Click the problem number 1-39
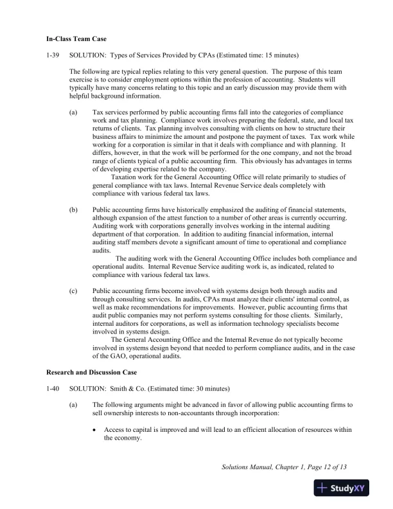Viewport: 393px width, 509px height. pyautogui.click(x=53, y=56)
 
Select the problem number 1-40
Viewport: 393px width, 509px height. pyautogui.click(x=53, y=389)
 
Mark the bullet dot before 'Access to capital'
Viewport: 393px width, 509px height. pyautogui.click(x=96, y=429)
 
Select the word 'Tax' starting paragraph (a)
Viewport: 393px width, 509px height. pyautogui.click(x=98, y=112)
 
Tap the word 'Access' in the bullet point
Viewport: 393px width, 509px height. pyautogui.click(x=114, y=429)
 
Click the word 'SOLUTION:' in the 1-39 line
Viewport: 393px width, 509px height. pyautogui.click(x=85, y=56)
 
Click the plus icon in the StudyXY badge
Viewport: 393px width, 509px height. pyautogui.click(x=322, y=488)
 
